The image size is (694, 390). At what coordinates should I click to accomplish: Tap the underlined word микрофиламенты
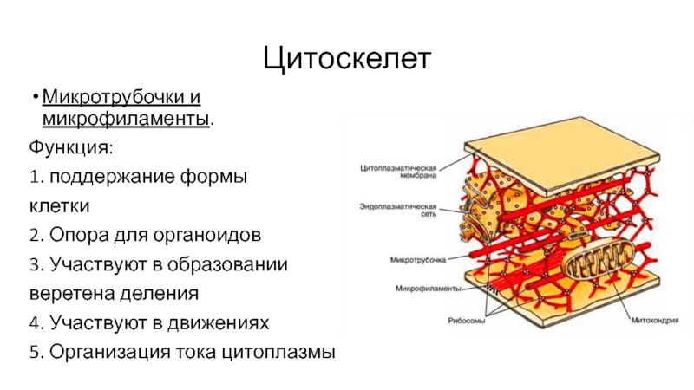click(127, 116)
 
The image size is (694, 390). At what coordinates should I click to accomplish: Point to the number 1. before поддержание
click(35, 176)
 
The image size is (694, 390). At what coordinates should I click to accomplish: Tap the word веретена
click(70, 293)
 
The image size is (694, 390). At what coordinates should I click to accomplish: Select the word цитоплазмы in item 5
click(281, 352)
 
